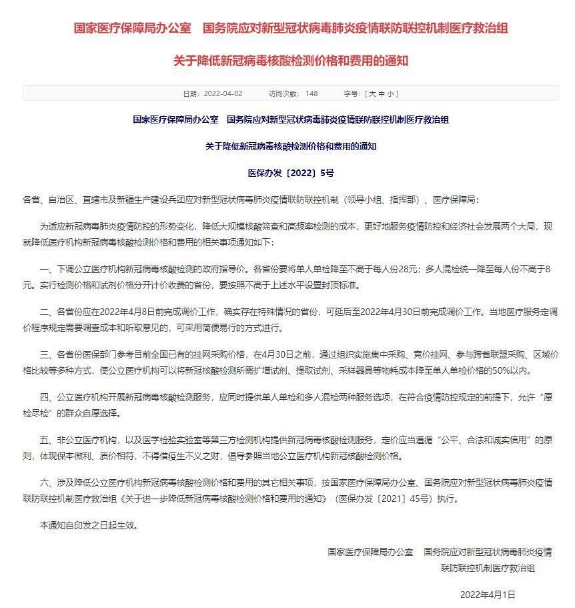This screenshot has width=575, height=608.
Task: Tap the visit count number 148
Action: coord(311,93)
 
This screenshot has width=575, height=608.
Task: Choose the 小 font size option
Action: coord(390,93)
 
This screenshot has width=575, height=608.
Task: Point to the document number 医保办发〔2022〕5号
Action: coord(291,173)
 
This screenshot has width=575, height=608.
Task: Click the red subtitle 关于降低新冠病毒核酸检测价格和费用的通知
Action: coord(290,61)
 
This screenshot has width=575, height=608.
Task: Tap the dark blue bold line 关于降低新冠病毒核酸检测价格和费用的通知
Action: coord(291,146)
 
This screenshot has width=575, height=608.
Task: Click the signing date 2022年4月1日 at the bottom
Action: coord(488,594)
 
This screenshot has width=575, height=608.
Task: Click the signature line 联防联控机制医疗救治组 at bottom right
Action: coord(488,568)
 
